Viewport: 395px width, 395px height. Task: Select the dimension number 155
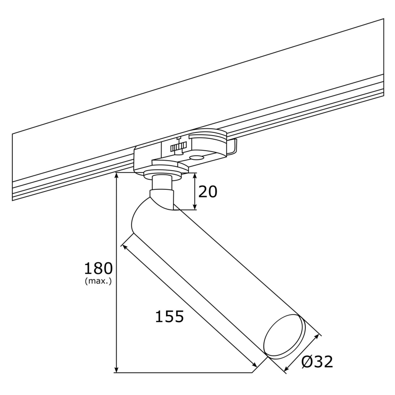[x=169, y=316]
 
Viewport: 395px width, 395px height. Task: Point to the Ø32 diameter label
[x=317, y=362]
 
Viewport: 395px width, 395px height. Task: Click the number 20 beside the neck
[x=208, y=192]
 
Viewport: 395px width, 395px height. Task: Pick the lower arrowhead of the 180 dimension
[x=117, y=369]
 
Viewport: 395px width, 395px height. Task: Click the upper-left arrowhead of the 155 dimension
[x=124, y=246]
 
